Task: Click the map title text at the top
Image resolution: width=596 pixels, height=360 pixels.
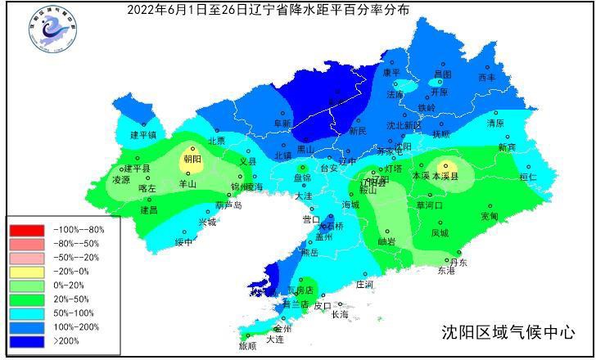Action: tap(269, 10)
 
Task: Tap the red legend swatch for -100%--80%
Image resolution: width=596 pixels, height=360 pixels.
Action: tap(26, 230)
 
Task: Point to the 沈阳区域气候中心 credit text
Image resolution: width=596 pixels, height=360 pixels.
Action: tap(508, 332)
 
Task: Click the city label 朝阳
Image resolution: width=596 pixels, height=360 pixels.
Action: tap(192, 159)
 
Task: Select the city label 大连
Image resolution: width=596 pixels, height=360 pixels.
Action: tap(274, 338)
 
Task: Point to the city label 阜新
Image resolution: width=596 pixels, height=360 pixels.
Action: tap(282, 124)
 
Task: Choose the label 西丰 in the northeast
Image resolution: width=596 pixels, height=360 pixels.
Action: tap(487, 78)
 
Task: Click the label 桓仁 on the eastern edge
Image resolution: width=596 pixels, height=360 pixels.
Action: tap(528, 177)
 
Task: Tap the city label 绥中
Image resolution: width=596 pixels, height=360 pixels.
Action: tap(184, 241)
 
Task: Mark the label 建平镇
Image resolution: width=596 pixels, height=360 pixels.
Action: tap(143, 135)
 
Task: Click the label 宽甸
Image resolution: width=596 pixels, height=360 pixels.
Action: tap(489, 216)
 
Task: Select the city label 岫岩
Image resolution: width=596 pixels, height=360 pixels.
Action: tap(386, 241)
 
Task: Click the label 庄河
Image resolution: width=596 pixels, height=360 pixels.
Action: tap(364, 284)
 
